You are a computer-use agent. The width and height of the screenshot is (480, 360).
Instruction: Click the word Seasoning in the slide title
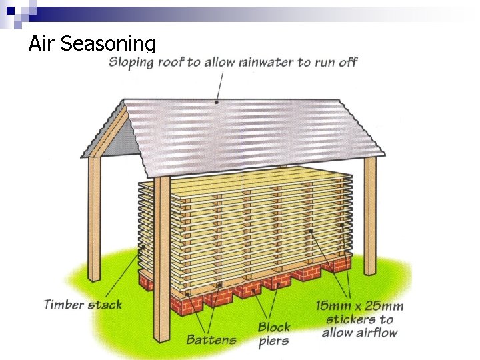(108, 45)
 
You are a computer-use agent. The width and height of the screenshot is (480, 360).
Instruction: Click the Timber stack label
(83, 305)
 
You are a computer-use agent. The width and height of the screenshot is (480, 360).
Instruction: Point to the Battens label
(211, 339)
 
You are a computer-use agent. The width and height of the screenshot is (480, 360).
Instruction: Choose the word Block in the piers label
(274, 327)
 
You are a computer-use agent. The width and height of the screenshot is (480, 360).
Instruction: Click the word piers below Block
(273, 341)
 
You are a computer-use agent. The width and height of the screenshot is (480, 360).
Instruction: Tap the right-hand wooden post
(370, 207)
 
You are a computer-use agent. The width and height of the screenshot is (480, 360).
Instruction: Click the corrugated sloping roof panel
(253, 130)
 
